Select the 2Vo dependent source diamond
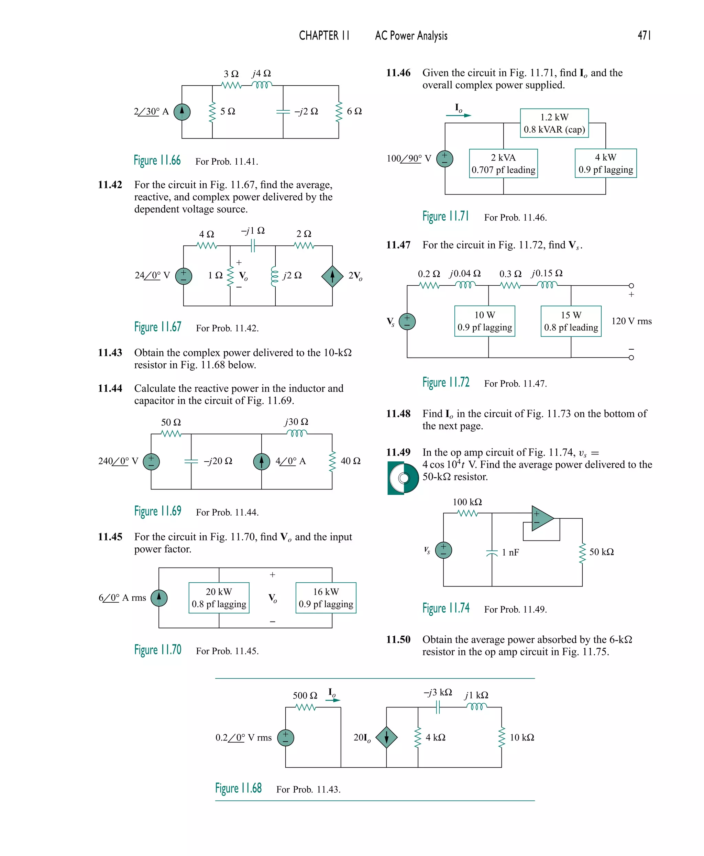click(332, 276)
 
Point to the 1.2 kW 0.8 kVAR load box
click(554, 123)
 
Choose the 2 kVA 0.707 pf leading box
click(503, 163)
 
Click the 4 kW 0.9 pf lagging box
click(605, 163)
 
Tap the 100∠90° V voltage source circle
click(444, 158)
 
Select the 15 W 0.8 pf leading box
click(571, 321)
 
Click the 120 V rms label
click(631, 321)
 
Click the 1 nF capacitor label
click(510, 552)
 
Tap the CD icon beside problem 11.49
click(403, 479)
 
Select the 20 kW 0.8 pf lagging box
click(219, 598)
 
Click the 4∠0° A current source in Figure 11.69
click(262, 461)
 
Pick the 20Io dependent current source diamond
click(386, 738)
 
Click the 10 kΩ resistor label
click(521, 738)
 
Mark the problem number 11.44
click(110, 388)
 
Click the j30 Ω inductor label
click(296, 422)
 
